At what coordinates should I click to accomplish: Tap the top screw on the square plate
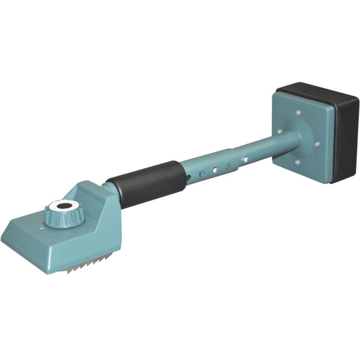[x=298, y=112]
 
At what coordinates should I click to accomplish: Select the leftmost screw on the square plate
[x=279, y=132]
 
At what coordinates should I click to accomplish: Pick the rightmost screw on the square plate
[x=317, y=143]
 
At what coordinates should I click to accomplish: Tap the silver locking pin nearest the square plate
[x=244, y=160]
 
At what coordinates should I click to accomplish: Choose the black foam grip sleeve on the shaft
[x=145, y=185]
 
